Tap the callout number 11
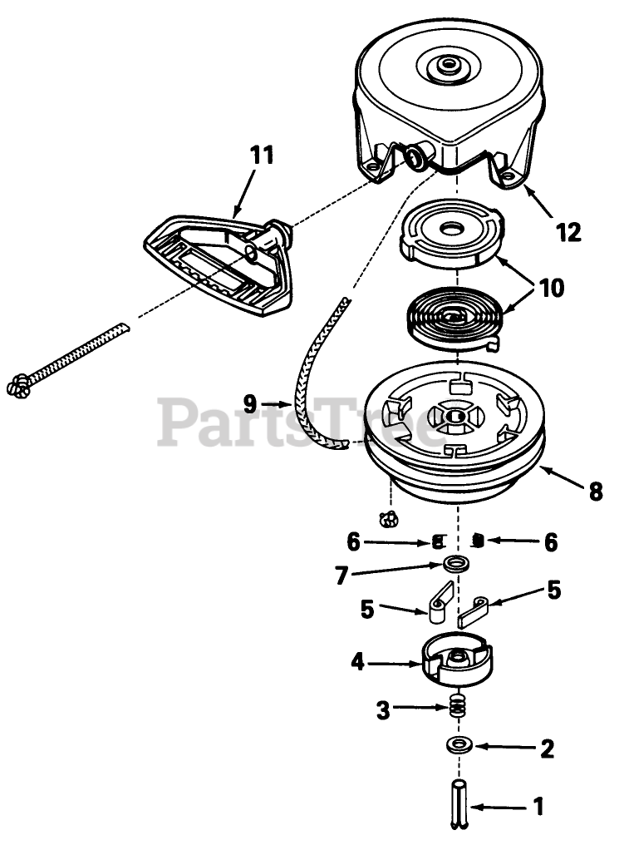tap(261, 155)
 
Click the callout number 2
tap(547, 749)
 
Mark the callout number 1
tap(538, 806)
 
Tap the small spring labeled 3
tap(455, 709)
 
